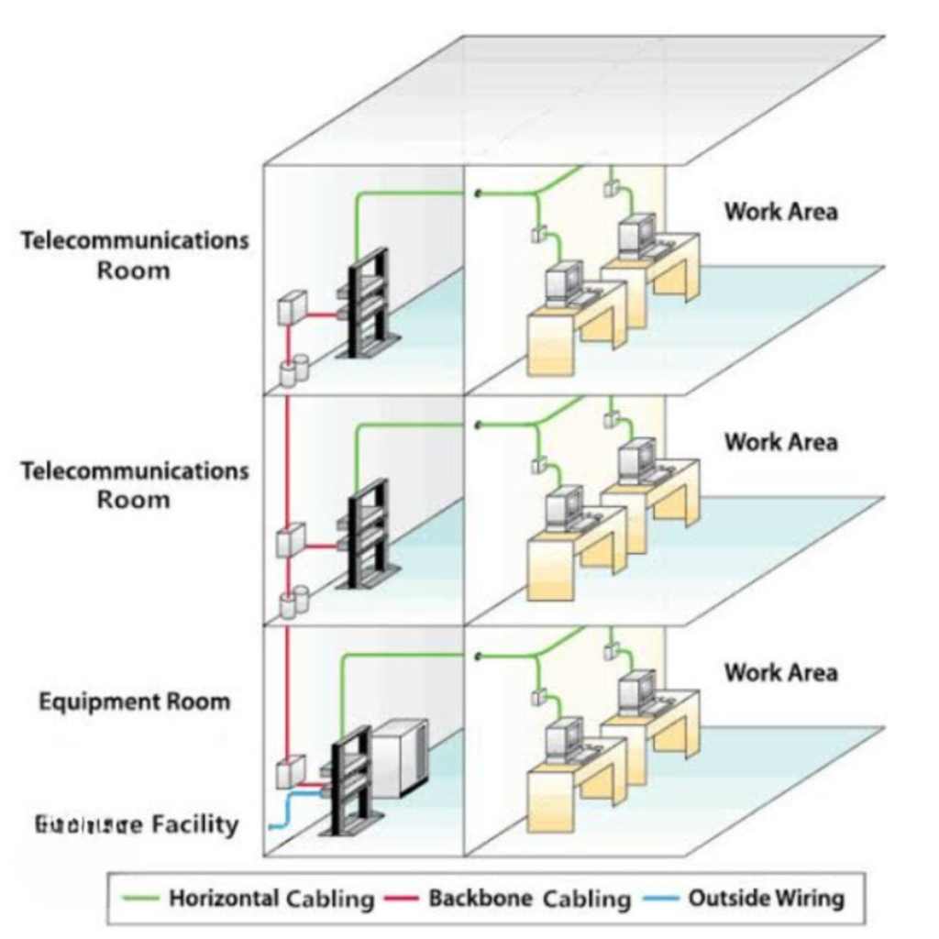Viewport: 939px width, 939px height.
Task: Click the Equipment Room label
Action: pos(135,702)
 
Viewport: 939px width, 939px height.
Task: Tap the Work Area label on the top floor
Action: pos(780,212)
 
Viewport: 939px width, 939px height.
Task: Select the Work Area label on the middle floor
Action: pos(780,442)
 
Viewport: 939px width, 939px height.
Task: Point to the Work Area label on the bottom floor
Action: pos(780,672)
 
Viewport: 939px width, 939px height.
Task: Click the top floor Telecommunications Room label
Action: pos(135,256)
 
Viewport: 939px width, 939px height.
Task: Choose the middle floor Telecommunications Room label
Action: pos(135,485)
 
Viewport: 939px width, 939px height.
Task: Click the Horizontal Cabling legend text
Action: pos(271,898)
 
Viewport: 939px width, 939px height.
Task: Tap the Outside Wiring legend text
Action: pos(766,898)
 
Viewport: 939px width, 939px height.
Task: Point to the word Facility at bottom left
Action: pos(193,824)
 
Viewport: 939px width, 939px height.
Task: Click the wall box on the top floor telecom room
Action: pos(292,307)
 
